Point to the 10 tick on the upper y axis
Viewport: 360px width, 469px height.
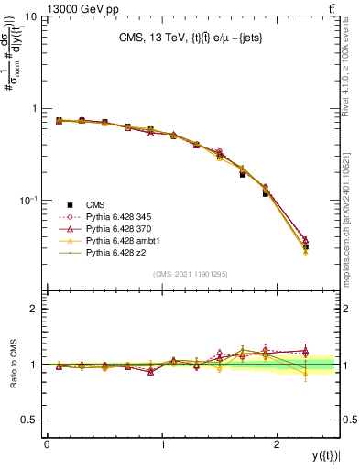click(30, 17)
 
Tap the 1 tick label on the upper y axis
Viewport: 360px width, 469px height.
click(34, 108)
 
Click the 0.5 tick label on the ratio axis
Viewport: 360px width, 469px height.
click(29, 420)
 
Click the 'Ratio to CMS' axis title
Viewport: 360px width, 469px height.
click(12, 365)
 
